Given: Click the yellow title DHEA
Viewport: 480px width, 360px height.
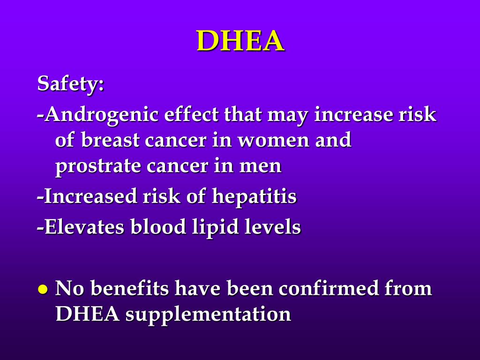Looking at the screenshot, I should (240, 41).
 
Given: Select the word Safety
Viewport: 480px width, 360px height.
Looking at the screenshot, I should (70, 85).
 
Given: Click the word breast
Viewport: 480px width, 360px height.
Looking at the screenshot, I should (110, 140).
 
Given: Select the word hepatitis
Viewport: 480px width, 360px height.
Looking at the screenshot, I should (254, 196).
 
